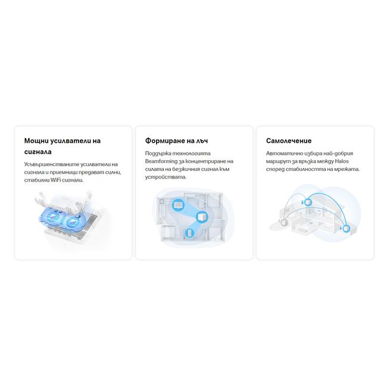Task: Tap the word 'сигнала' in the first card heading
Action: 38,152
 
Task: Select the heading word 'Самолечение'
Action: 289,141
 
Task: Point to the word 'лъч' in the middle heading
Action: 202,141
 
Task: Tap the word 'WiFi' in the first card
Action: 55,180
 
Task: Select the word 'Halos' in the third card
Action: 342,161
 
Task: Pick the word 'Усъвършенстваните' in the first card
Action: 51,164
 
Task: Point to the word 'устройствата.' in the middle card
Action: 166,177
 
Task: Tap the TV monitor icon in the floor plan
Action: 178,205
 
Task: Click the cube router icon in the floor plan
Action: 202,217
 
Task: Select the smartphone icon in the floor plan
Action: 189,233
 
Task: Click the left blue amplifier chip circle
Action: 54,217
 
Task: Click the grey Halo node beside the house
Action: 285,222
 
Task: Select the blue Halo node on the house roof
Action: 308,202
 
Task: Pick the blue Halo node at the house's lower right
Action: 346,228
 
